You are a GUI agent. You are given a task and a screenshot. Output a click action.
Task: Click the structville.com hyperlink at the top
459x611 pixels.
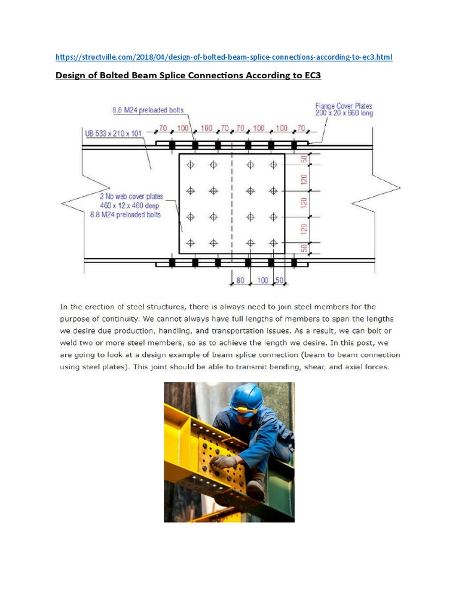click(x=224, y=57)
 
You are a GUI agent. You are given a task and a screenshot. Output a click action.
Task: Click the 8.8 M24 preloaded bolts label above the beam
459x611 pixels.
click(x=148, y=110)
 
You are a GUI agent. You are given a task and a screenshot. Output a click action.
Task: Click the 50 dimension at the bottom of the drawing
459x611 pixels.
click(x=279, y=280)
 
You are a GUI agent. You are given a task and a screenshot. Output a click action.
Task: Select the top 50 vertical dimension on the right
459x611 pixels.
click(x=304, y=159)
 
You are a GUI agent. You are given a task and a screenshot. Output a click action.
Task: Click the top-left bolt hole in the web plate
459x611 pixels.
click(x=191, y=165)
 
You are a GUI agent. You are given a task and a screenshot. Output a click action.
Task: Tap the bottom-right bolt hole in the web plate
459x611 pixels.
click(x=273, y=242)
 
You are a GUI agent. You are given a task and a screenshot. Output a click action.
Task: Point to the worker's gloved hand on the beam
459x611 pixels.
click(x=226, y=461)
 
